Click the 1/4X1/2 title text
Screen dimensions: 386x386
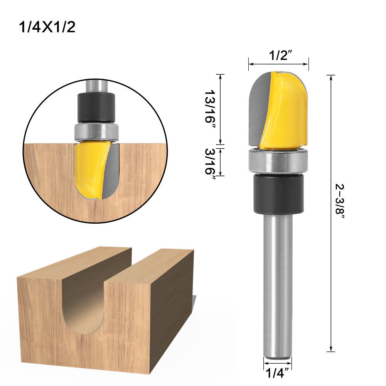(x=47, y=28)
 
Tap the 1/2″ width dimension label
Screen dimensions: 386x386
(x=278, y=56)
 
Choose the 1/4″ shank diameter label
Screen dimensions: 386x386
(x=278, y=373)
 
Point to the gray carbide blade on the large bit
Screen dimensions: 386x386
(x=258, y=108)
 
